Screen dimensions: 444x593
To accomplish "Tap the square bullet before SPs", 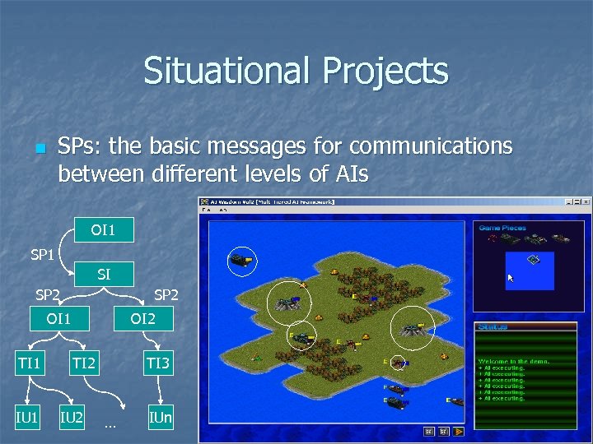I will [38, 149].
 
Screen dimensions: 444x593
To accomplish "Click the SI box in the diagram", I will [104, 275].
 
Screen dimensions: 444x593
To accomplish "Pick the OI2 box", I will [142, 317].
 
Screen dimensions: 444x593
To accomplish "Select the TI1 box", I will [30, 362].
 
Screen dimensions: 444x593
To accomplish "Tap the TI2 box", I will [83, 362].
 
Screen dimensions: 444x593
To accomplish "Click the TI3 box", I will [158, 362].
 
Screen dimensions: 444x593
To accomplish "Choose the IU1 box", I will [27, 418].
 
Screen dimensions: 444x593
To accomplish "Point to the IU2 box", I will [72, 418].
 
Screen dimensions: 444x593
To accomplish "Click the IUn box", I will [161, 418].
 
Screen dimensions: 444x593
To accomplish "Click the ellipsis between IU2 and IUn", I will [110, 425].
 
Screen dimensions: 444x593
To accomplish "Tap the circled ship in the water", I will [241, 260].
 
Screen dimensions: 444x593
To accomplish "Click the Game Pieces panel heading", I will [502, 227].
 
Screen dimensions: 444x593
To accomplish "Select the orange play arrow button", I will [459, 430].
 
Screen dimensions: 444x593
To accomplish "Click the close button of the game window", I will [586, 202].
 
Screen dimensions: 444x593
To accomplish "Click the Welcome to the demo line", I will [514, 361].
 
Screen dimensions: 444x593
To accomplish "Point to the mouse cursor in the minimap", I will [511, 278].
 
